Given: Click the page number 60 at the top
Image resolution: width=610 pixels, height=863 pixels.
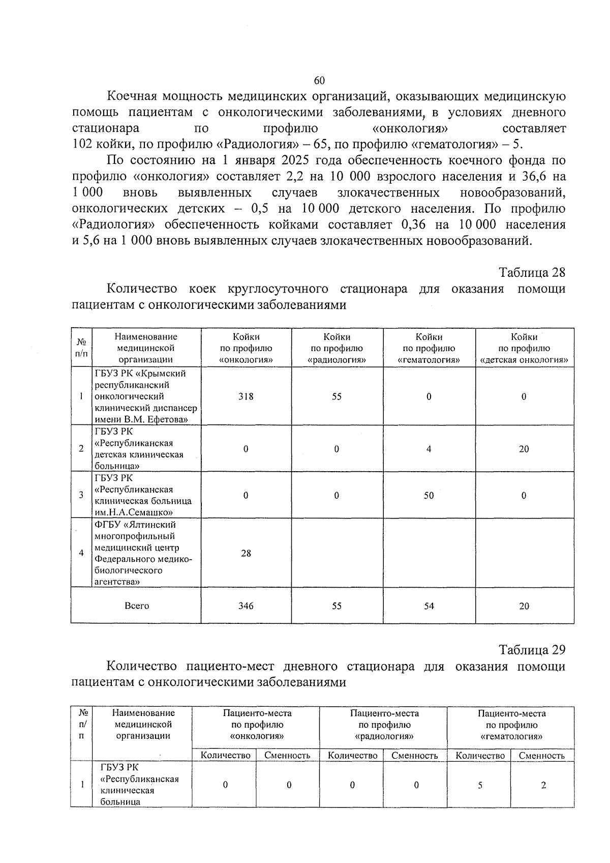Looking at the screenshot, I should (x=319, y=80).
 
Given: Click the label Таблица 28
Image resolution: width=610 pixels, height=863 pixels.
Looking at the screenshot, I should (x=532, y=272).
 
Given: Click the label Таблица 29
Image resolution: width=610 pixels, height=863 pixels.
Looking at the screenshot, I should (x=532, y=650).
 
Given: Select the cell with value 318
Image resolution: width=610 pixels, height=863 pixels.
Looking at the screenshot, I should (x=246, y=396).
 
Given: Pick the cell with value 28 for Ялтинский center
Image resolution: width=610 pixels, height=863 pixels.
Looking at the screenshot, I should (x=246, y=553).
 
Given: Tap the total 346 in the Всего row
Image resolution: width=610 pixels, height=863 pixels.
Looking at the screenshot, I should (x=246, y=606).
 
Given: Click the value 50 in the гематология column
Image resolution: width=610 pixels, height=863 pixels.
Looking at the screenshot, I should (x=429, y=495).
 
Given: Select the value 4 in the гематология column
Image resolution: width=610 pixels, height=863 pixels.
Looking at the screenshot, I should (x=429, y=449).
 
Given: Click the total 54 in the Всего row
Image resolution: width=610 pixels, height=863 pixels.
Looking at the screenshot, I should (x=429, y=606).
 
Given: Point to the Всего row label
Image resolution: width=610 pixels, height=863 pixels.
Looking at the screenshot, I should (x=137, y=606).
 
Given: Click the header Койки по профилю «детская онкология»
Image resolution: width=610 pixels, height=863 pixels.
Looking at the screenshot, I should (x=524, y=348).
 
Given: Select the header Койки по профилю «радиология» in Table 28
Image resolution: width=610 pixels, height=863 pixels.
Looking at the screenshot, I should (x=337, y=348).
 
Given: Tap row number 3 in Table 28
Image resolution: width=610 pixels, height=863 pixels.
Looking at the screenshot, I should (x=81, y=495).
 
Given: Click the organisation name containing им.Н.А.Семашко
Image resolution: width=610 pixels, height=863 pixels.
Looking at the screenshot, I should (x=143, y=495).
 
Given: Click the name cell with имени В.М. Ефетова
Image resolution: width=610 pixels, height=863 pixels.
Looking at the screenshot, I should (x=145, y=396).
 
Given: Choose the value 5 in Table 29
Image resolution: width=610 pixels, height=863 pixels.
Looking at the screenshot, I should (x=480, y=785).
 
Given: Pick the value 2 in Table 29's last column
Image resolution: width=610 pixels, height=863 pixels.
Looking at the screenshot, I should (x=543, y=785).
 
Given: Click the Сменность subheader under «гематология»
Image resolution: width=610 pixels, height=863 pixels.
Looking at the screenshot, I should (x=542, y=756).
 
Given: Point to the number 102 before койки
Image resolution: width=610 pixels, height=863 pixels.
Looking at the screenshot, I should (x=82, y=144).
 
